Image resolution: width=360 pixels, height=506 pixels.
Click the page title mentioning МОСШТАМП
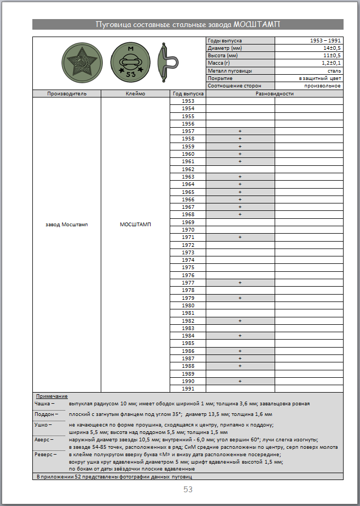(x=188, y=24)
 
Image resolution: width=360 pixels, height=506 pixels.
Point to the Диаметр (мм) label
(x=225, y=48)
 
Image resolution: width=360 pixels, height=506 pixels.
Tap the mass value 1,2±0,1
(x=330, y=63)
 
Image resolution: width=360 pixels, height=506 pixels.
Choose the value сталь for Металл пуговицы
(x=334, y=70)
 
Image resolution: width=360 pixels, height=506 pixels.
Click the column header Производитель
(x=67, y=93)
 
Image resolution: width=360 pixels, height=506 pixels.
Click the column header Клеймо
(x=136, y=93)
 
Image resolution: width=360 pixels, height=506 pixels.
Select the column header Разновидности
(x=274, y=93)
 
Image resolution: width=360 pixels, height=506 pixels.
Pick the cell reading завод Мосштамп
(x=67, y=224)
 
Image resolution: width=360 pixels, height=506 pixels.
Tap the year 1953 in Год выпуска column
(x=188, y=101)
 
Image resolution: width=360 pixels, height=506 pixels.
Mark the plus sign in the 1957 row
(x=240, y=131)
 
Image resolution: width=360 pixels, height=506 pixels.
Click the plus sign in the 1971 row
(x=240, y=237)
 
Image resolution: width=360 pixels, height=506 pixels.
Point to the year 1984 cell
(x=188, y=336)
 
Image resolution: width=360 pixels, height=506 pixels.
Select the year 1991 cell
(x=188, y=389)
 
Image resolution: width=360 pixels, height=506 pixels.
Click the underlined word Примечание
(x=51, y=396)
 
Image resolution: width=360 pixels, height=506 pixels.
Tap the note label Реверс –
(x=45, y=455)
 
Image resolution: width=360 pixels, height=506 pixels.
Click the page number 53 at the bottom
(x=188, y=490)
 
